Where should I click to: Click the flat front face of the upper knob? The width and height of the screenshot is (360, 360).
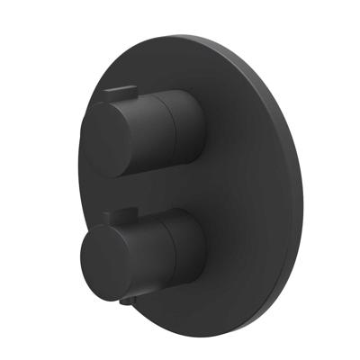pos(110,139)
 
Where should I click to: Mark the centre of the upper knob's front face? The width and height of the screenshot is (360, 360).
pos(110,139)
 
